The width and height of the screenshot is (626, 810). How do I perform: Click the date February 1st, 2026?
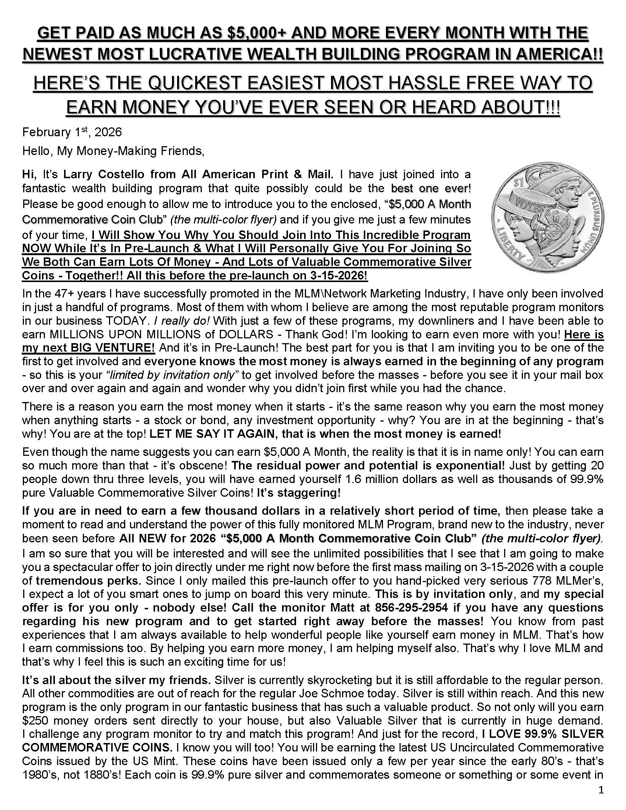coord(72,133)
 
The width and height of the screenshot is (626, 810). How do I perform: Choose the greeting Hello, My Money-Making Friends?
coord(113,151)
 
